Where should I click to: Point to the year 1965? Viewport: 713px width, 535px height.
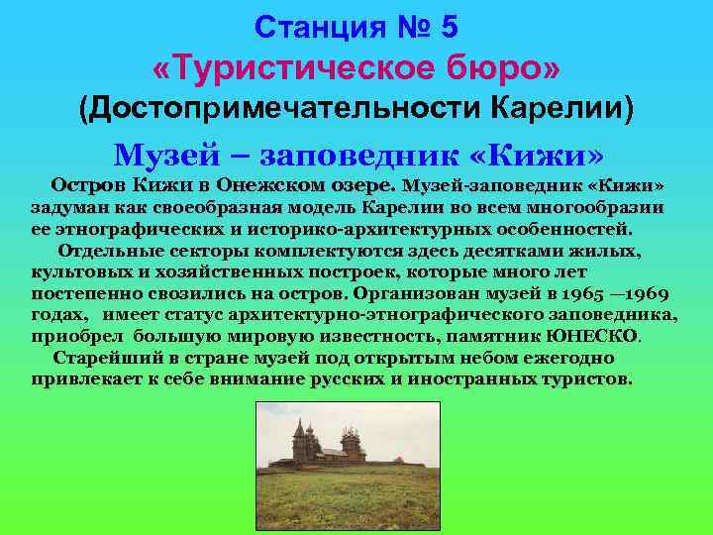(583, 293)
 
